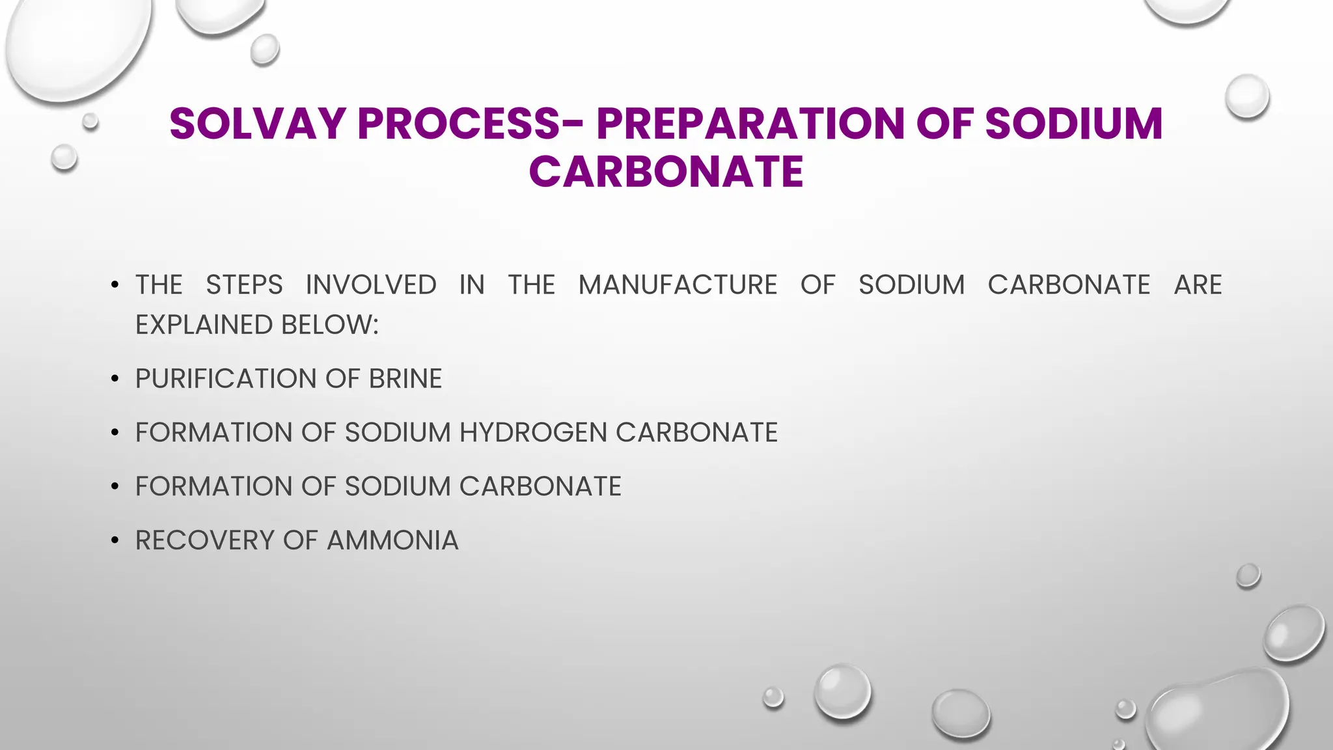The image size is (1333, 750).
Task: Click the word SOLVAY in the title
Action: (258, 124)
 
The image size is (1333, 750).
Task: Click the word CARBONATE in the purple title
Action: (666, 172)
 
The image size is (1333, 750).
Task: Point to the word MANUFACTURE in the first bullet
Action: (678, 285)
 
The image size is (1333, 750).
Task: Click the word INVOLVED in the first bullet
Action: (371, 285)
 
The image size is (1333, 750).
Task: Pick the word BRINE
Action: (405, 379)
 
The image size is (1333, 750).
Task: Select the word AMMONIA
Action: (392, 540)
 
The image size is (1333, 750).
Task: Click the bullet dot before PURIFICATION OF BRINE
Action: (115, 379)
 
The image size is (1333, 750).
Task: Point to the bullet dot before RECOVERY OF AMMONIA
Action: (115, 540)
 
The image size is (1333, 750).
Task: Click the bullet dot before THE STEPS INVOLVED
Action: (115, 285)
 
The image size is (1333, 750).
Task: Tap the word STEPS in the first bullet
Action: (244, 285)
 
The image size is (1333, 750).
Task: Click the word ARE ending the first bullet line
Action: (1198, 285)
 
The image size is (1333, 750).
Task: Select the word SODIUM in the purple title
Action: (1074, 124)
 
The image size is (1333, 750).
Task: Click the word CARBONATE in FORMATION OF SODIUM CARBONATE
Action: (540, 486)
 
